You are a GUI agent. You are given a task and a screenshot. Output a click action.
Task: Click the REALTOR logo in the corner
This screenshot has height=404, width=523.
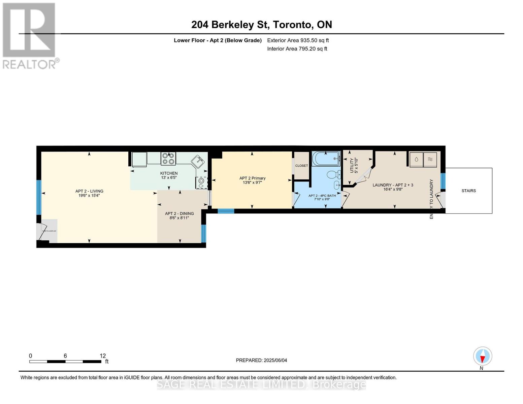(x=30, y=35)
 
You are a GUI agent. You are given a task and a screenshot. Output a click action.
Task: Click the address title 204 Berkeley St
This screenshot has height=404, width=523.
(x=261, y=25)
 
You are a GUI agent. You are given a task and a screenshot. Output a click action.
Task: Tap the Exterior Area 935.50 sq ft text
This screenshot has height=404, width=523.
(x=298, y=40)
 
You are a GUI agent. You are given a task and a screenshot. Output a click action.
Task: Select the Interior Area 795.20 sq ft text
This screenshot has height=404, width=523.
(x=297, y=49)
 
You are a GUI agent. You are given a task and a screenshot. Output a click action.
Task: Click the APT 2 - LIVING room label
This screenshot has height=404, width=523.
(x=89, y=193)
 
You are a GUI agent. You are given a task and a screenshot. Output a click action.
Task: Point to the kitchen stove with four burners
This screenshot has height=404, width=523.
(x=168, y=159)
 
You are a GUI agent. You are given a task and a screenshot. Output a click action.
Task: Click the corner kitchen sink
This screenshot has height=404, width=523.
(x=198, y=162)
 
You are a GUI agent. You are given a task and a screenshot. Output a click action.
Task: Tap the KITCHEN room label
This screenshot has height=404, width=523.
(x=169, y=175)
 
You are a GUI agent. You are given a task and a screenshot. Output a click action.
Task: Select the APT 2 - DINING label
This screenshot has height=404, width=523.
(x=179, y=215)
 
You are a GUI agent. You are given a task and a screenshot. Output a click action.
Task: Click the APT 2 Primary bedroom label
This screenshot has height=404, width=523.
(x=252, y=180)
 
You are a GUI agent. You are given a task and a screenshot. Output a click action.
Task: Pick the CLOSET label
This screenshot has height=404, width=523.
(x=301, y=166)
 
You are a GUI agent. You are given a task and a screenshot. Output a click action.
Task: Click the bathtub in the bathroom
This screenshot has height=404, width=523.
(x=326, y=158)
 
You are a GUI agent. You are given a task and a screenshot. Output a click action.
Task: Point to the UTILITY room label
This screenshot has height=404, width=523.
(x=354, y=165)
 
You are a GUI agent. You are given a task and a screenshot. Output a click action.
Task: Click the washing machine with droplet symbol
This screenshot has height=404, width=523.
(x=416, y=159)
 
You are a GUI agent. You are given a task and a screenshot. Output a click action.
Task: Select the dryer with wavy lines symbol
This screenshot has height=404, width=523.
(x=430, y=159)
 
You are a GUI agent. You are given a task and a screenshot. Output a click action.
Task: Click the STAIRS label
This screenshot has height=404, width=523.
(x=468, y=191)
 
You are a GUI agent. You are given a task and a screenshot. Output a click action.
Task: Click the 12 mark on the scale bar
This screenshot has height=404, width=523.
(x=102, y=356)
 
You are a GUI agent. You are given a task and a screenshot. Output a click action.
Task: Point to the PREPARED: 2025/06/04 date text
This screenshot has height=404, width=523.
(x=261, y=360)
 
